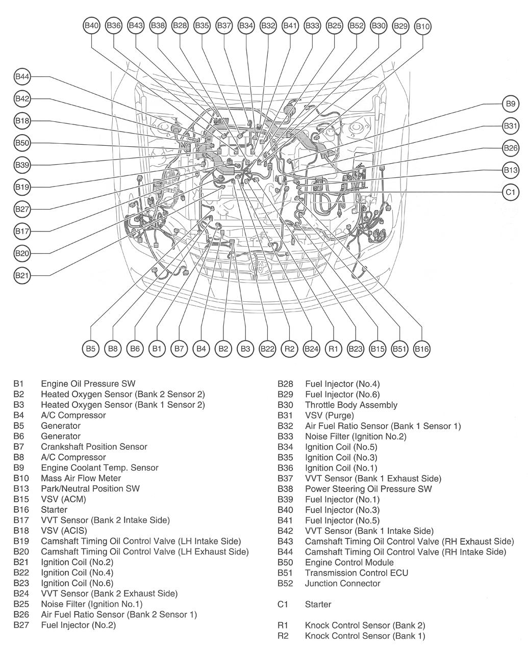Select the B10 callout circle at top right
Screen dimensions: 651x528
422,26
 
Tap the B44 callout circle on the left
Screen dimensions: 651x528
22,76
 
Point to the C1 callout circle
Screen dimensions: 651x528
510,192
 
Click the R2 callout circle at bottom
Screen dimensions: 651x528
289,349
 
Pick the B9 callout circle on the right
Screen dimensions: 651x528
510,104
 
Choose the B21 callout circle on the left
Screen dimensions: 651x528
22,275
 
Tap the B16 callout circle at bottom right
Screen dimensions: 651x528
421,349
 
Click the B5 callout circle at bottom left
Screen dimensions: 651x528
90,349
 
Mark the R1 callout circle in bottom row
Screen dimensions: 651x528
333,349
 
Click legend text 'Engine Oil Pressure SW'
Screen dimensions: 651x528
88,384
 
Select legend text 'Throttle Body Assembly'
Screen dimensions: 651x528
351,405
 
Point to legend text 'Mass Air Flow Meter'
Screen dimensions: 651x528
81,478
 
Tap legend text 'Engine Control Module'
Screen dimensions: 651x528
349,562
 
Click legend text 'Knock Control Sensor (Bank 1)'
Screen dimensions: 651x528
365,636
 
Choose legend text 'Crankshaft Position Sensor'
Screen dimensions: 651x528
94,447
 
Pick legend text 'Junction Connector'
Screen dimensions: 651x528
342,583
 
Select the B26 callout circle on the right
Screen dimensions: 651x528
510,148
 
